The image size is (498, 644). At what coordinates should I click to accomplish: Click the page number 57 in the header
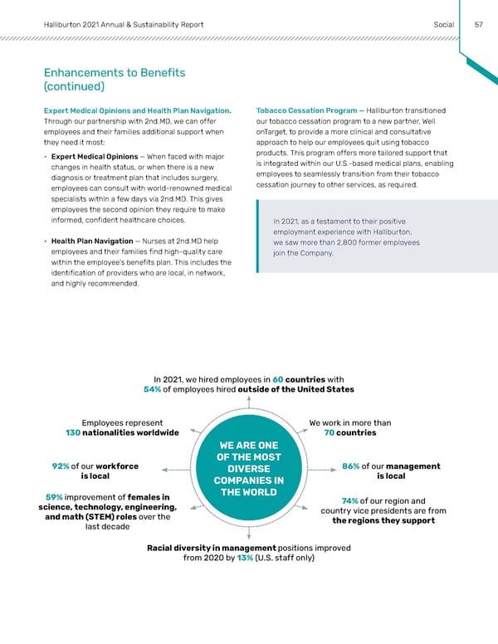pyautogui.click(x=479, y=24)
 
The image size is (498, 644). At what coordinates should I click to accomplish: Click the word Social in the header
pyautogui.click(x=443, y=24)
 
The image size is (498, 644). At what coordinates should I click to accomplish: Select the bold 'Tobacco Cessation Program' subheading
pyautogui.click(x=306, y=111)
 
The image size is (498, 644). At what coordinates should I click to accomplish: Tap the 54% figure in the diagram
pyautogui.click(x=153, y=389)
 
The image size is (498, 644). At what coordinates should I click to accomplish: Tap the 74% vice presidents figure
pyautogui.click(x=349, y=500)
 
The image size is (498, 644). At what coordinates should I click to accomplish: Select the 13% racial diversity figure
pyautogui.click(x=245, y=558)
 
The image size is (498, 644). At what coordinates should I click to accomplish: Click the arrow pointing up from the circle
pyautogui.click(x=249, y=404)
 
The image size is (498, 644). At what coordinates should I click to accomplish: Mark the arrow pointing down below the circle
pyautogui.click(x=249, y=534)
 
